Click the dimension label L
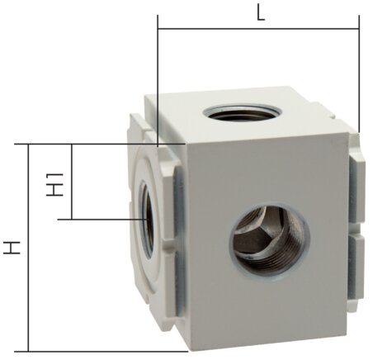pos(260,15)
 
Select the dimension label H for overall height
pos(12,247)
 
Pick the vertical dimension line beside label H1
pos(73,182)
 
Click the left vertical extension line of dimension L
pos(157,83)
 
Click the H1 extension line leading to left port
pos(103,219)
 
